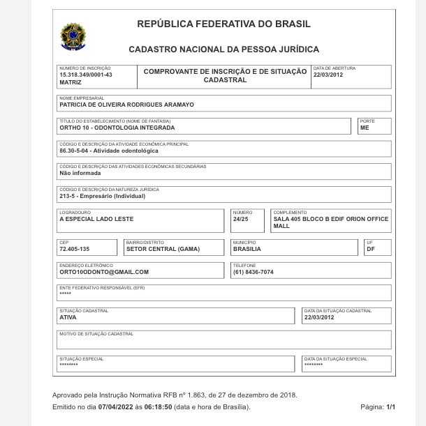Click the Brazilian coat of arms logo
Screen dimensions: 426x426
72,36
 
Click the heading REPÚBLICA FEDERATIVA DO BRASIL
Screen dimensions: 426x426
223,24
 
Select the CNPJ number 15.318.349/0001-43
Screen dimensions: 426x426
86,75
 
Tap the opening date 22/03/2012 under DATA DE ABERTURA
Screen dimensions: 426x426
328,75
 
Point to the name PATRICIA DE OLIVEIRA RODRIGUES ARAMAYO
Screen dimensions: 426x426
127,105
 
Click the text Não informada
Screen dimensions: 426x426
80,174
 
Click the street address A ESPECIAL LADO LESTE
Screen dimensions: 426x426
96,219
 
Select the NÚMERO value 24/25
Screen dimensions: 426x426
241,219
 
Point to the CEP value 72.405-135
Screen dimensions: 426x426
74,249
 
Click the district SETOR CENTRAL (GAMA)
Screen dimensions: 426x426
163,249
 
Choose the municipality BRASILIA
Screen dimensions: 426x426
247,249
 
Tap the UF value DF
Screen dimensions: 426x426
371,249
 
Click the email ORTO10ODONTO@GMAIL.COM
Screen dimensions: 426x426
104,272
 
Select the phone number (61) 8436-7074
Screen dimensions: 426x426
254,272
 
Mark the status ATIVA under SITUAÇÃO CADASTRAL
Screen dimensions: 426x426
68,317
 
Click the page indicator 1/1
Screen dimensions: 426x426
391,407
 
